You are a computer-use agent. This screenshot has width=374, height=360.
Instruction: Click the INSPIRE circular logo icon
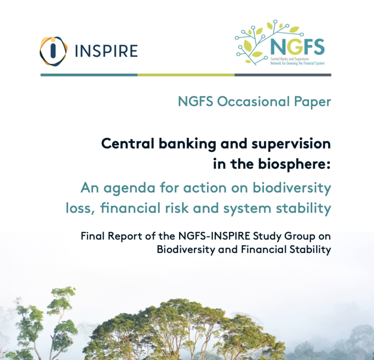tap(53, 51)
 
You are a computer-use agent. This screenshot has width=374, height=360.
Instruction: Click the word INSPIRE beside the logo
tap(107, 51)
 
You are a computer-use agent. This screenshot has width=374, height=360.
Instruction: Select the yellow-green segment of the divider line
tap(186, 75)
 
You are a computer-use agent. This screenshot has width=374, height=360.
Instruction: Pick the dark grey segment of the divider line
tap(282, 75)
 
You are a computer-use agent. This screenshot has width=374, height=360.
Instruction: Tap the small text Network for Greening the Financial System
tap(298, 63)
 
